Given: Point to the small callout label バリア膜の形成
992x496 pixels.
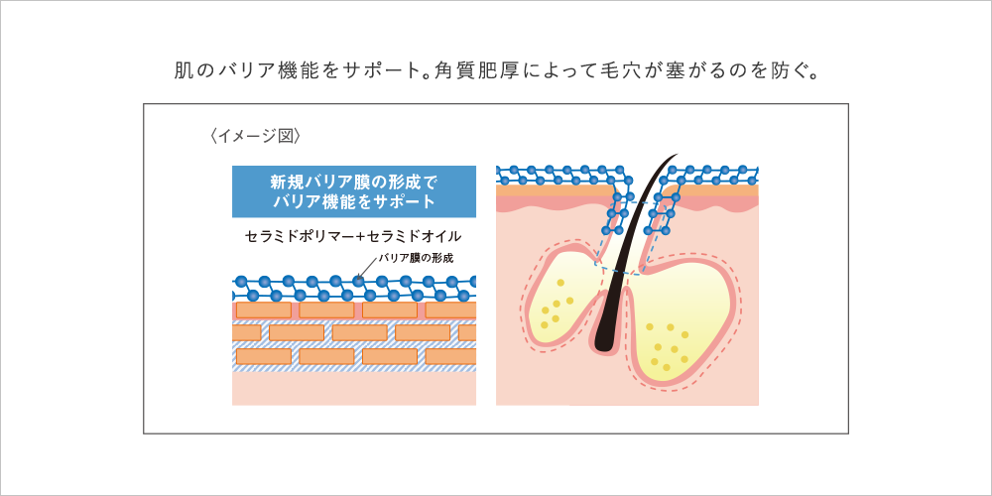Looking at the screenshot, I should (x=415, y=258).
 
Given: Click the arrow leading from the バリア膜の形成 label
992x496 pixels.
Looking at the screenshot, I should (x=364, y=269).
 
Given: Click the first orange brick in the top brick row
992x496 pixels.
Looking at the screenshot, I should (x=262, y=310).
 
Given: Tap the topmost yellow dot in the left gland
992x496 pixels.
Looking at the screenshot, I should (x=560, y=283).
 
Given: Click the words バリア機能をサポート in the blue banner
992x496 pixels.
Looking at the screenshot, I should (x=353, y=201).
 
